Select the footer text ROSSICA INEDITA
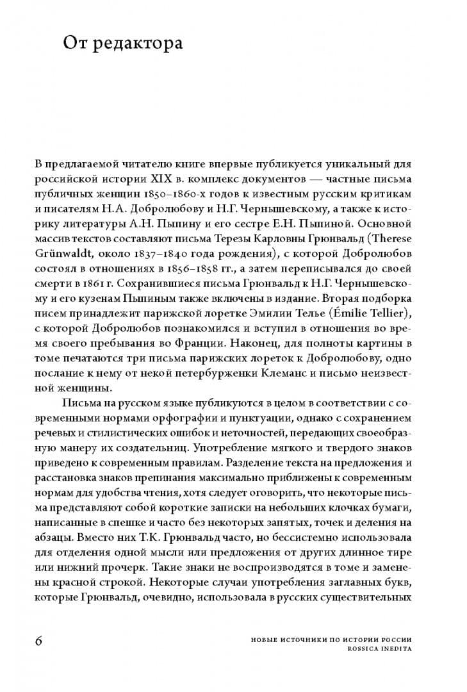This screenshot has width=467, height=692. (x=377, y=648)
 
